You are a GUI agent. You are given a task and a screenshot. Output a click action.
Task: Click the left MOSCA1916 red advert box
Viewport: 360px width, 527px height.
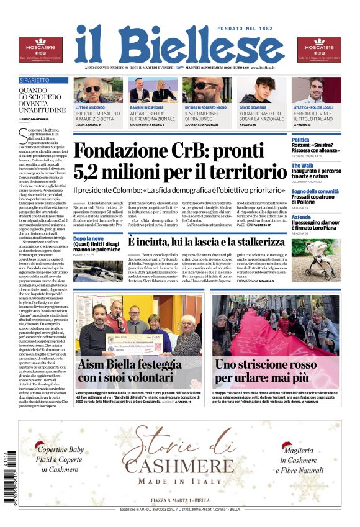pos(40,50)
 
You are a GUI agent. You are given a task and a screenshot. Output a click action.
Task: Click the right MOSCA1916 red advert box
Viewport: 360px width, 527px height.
pos(319,50)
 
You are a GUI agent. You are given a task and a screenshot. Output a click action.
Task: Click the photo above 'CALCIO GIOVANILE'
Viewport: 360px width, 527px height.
pos(263,90)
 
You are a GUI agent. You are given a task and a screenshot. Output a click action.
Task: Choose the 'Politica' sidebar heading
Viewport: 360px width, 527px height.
pos(300,140)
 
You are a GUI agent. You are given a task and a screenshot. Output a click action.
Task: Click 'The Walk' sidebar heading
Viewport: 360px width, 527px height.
pos(303,166)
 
